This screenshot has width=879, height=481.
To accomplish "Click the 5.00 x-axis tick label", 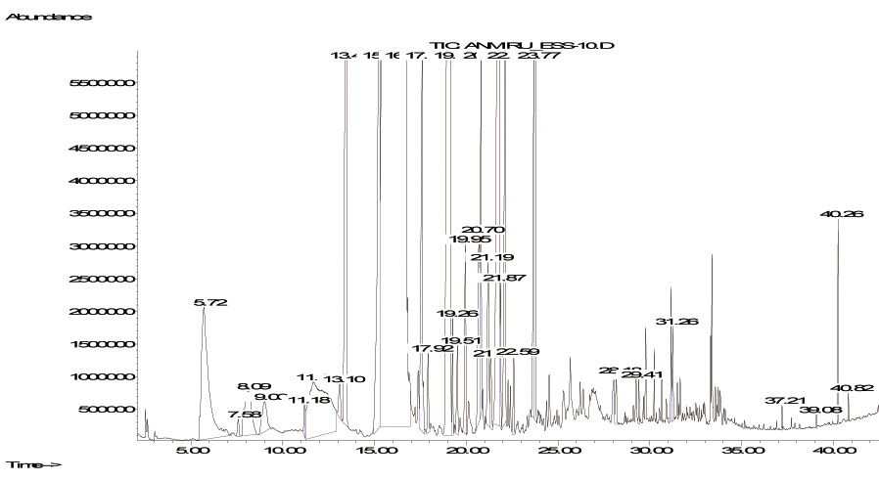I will [x=189, y=452].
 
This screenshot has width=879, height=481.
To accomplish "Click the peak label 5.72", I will [x=209, y=303].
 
